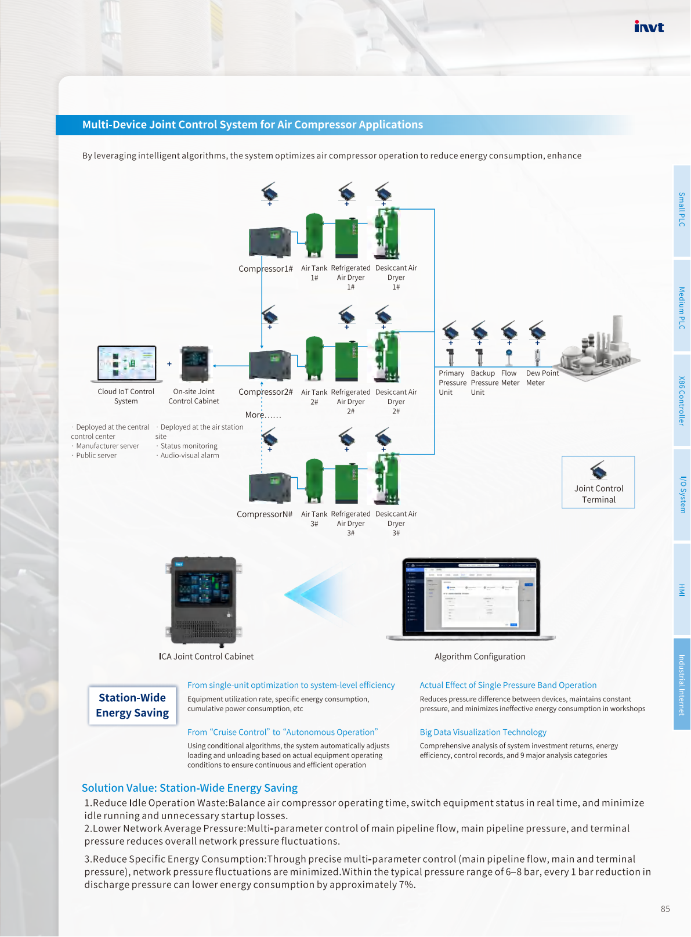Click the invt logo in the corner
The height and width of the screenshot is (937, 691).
point(649,27)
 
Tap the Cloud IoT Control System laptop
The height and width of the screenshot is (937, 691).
point(126,363)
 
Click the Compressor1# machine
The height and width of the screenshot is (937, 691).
point(269,242)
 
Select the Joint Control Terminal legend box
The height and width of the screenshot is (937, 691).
point(598,482)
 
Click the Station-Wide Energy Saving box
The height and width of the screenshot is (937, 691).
point(132,705)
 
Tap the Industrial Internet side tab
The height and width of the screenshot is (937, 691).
point(682,684)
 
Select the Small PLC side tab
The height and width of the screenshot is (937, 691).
point(682,210)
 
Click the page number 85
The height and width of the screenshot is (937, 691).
point(665,909)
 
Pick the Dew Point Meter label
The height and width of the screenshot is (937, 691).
point(542,378)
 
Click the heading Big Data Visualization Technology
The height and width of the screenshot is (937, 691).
point(483,732)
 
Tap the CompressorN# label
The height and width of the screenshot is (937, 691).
point(265,514)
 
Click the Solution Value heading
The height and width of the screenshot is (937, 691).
point(190,788)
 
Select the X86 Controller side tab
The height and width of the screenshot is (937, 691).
point(682,401)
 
